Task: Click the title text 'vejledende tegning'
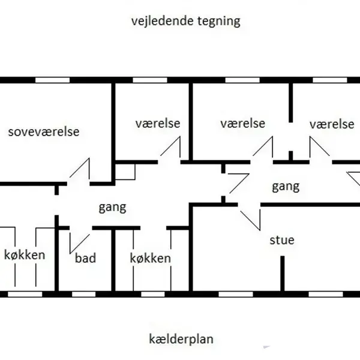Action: pos(185,21)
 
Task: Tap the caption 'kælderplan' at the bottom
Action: pos(181,339)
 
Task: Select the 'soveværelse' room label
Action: pos(43,132)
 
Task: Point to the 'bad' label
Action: pos(85,259)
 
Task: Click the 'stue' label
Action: pos(281,240)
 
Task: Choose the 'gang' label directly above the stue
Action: pos(285,186)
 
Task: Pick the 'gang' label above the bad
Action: pos(112,208)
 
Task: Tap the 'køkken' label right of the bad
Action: pos(150,259)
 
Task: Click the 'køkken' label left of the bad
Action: pos(24,255)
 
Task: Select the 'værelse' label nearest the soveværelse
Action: pos(157,124)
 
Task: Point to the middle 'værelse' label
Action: pos(242,124)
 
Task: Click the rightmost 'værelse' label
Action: pos(331,124)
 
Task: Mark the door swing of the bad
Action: pos(79,240)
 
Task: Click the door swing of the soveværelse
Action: pos(80,169)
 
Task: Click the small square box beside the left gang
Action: pos(125,172)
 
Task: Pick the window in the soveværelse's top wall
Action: pos(52,80)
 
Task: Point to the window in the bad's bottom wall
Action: pos(83,294)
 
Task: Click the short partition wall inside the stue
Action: pos(281,275)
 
